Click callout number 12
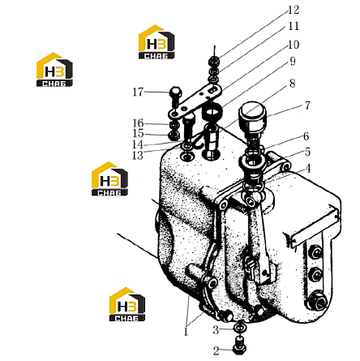pos(294,10)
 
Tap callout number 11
pos(294,26)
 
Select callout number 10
pos(294,45)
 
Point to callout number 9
pos(293,62)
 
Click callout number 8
pos(292,84)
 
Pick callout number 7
pos(307,105)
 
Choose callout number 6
pos(306,136)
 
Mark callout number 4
pos(308,169)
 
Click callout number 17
pos(138,92)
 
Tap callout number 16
pos(138,123)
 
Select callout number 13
pos(137,156)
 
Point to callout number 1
pos(186,332)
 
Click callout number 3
pos(216,330)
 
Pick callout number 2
pos(216,351)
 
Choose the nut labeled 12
pos(214,62)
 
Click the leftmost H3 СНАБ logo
pos(54,70)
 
